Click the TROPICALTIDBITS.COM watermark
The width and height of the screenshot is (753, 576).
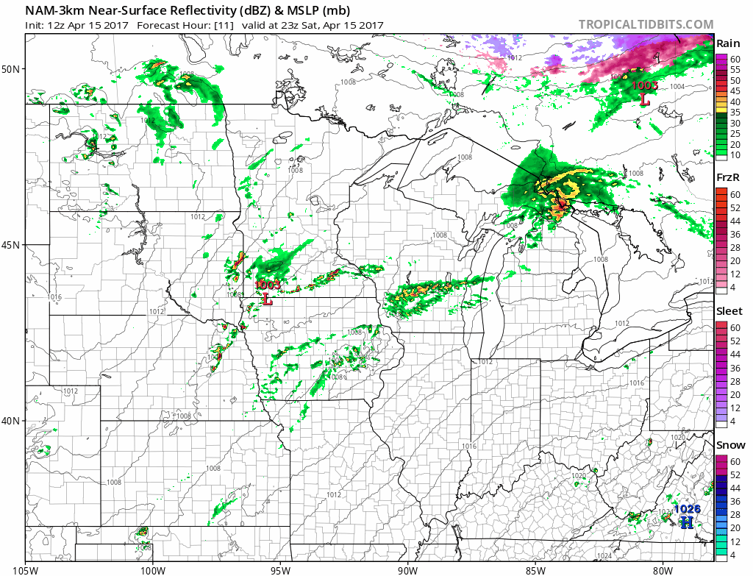click(646, 24)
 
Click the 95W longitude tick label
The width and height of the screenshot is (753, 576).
click(280, 569)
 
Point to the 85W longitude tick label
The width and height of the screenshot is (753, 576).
click(535, 569)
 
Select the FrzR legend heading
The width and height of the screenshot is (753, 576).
click(728, 177)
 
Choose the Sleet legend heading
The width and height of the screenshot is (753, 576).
click(729, 311)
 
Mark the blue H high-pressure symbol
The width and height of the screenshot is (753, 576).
click(686, 522)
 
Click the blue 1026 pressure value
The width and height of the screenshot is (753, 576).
click(687, 509)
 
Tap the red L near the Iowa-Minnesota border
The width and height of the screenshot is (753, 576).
click(267, 300)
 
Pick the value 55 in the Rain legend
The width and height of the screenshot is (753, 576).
click(735, 69)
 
